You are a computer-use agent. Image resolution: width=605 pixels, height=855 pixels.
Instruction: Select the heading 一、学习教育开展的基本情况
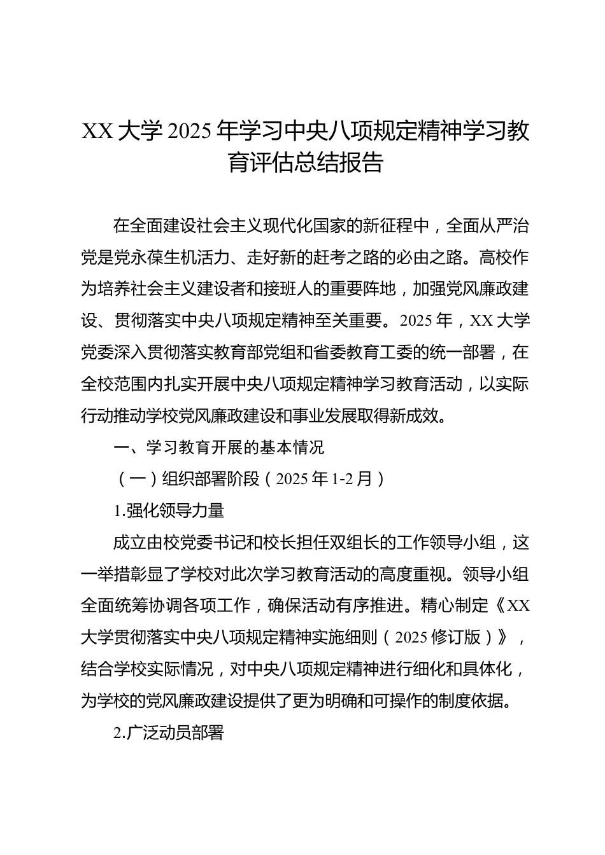(218, 447)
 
